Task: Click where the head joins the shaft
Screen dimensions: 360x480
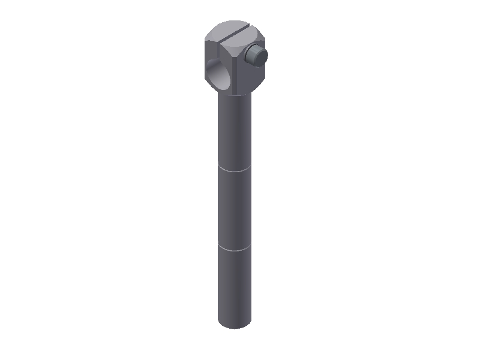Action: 234,95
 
